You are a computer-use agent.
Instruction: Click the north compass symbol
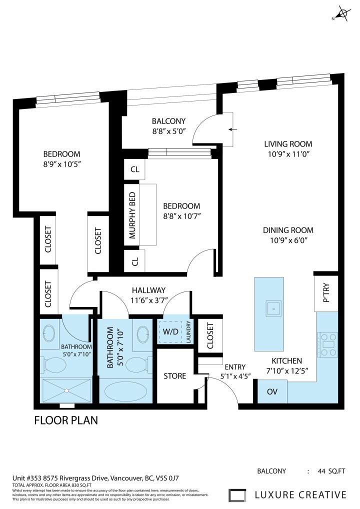click(342, 14)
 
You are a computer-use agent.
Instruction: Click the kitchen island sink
click(273, 308)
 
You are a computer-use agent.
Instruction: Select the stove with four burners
click(327, 344)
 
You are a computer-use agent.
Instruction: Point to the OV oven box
click(272, 391)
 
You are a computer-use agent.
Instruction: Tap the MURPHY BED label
click(133, 215)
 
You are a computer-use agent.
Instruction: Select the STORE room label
click(175, 375)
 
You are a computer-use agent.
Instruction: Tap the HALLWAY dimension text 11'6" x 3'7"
click(148, 300)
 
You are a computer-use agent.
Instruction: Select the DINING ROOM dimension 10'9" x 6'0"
click(288, 240)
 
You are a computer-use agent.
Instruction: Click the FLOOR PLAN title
click(66, 420)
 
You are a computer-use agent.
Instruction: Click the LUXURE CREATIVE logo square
click(238, 495)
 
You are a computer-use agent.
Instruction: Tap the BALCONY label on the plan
click(168, 121)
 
